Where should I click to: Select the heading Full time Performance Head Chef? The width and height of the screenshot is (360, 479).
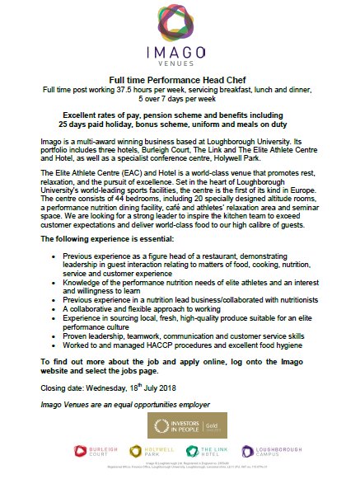point(180,78)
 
